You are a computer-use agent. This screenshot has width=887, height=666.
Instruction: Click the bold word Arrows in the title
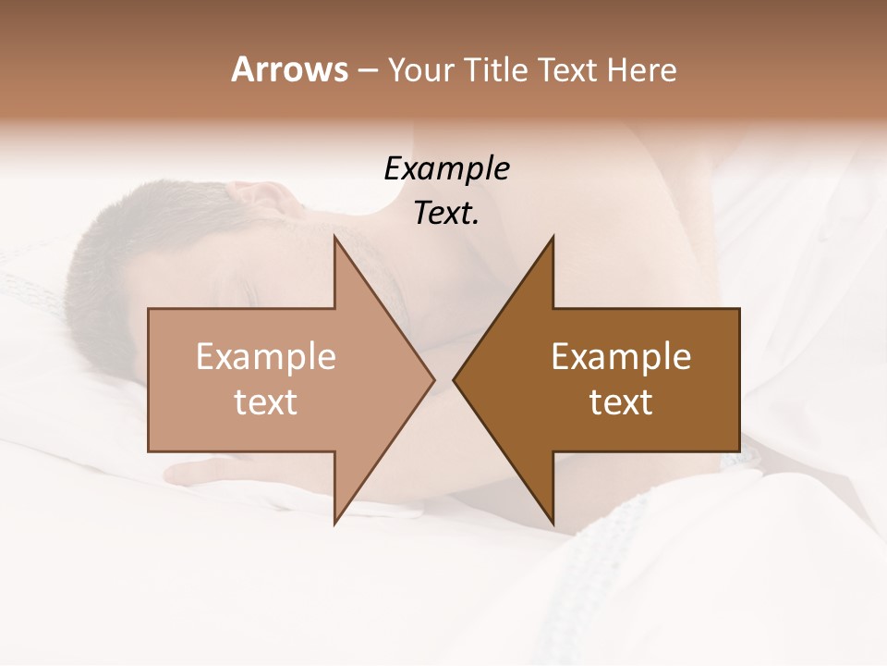[x=289, y=69]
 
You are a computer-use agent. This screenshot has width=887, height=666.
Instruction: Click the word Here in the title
[x=642, y=70]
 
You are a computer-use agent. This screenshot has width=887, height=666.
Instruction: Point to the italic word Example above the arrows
[x=446, y=168]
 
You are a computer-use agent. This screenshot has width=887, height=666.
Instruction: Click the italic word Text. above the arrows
[x=446, y=213]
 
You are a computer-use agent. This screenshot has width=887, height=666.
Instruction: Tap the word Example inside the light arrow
[x=266, y=356]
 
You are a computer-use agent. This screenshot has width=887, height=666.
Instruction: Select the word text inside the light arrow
[x=266, y=401]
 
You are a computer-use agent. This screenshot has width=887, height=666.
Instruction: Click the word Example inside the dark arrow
[x=621, y=356]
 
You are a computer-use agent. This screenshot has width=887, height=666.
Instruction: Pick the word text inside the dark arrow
[x=621, y=401]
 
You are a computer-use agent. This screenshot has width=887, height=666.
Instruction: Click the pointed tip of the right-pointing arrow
[x=433, y=379]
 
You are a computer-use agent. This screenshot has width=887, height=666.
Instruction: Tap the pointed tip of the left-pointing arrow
[x=454, y=379]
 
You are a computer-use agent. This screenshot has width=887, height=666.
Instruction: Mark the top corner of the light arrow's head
[x=335, y=237]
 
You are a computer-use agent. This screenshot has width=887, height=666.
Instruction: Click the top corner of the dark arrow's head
[x=553, y=237]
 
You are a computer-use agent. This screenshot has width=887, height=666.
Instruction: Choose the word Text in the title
[x=567, y=70]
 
